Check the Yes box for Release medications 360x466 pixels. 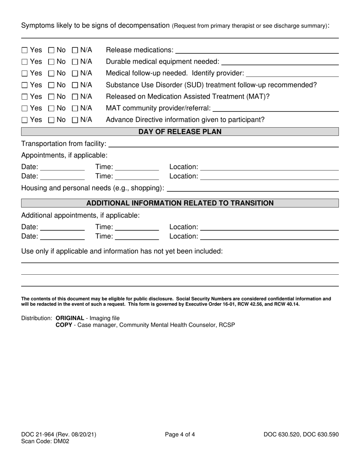[x=25, y=50]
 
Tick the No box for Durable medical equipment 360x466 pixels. [x=51, y=62]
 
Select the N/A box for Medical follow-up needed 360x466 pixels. [x=75, y=73]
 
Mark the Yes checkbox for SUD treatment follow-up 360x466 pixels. [x=25, y=85]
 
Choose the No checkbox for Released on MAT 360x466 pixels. [x=51, y=97]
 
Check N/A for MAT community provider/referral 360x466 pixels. [x=75, y=108]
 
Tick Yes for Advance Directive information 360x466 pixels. [x=25, y=120]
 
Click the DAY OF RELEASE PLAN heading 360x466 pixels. [x=180, y=132]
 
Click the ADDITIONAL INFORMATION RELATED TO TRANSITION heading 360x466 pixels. [x=180, y=203]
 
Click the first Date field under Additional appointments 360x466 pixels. [x=62, y=227]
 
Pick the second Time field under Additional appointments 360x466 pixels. [x=136, y=237]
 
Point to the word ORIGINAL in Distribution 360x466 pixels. [x=70, y=318]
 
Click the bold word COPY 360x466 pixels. [x=64, y=325]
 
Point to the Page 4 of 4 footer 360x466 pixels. [x=180, y=435]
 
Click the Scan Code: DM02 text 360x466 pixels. [x=45, y=441]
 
